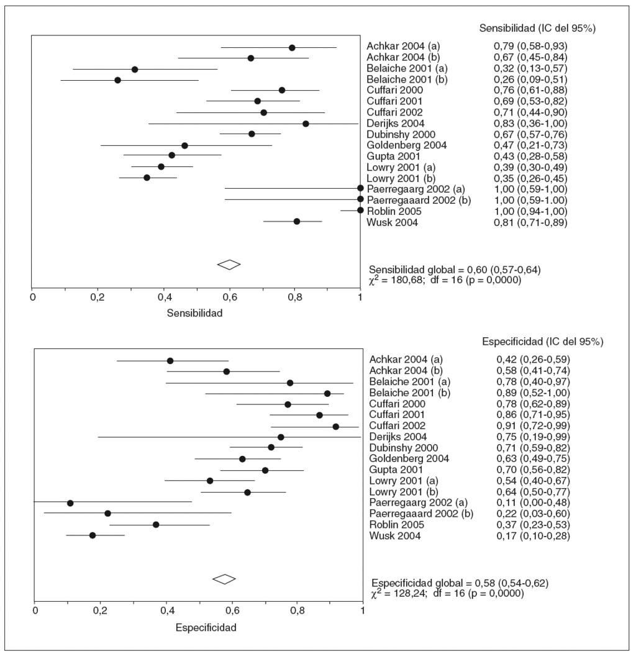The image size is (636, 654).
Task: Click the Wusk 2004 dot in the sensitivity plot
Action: click(297, 222)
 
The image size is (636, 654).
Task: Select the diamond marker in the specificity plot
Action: click(224, 579)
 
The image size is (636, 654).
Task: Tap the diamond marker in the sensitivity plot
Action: click(229, 265)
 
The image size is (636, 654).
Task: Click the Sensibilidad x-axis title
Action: click(194, 313)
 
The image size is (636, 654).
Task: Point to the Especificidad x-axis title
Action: click(206, 628)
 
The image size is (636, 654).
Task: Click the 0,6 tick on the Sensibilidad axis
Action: click(229, 296)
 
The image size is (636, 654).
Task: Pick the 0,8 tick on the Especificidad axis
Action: click(297, 611)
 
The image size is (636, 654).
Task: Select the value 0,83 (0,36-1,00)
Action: click(527, 124)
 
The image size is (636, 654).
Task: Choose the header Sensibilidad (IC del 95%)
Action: click(537, 29)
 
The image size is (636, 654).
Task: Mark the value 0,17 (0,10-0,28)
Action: click(528, 536)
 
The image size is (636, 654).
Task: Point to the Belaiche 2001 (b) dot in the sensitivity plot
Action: click(117, 80)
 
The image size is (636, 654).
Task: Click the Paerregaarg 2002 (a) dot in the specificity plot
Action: click(70, 502)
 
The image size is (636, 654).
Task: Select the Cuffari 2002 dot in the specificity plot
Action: click(336, 427)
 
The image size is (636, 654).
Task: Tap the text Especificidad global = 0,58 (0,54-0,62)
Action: click(460, 583)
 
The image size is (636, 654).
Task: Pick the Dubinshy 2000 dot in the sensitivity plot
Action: click(252, 134)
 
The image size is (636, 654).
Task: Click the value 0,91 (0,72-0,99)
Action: click(528, 426)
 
